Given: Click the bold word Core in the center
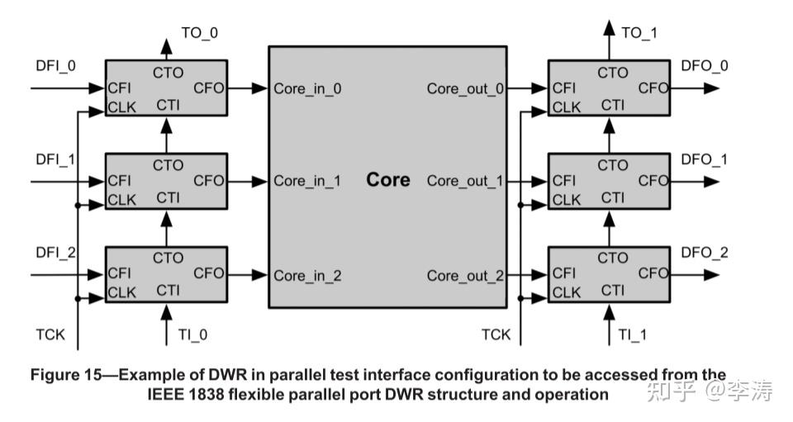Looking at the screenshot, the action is coord(388,179).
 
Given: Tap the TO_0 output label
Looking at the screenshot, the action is coord(200,33).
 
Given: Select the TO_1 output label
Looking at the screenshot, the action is coord(639,33).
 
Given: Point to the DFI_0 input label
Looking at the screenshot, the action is coord(55,66).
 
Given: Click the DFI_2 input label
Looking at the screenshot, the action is coord(55,252).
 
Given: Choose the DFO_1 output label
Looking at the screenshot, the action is coord(704,159).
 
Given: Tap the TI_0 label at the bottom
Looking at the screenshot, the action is coord(192,334).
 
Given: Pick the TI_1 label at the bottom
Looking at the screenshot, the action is coord(632,334).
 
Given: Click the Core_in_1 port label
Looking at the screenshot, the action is coord(307,181).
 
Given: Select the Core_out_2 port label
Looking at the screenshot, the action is coord(465,276).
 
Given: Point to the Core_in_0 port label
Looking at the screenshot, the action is coord(307,88).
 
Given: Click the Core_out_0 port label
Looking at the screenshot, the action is coord(465,88).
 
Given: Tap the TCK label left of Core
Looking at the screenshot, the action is coord(50,334).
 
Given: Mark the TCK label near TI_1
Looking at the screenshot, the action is coord(496,334).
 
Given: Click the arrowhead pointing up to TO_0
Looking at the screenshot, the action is coord(166,46).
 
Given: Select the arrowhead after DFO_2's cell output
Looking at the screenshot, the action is coord(711,275).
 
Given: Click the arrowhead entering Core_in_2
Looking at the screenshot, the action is coord(259,275).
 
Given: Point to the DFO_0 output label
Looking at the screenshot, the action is coord(705,66).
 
